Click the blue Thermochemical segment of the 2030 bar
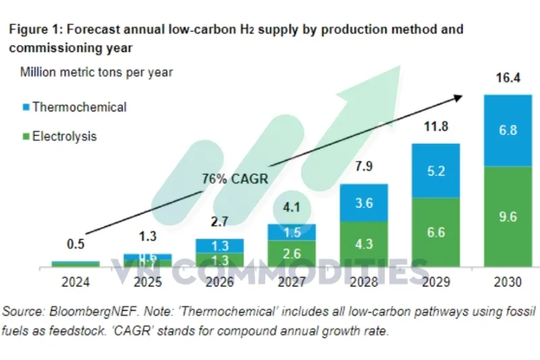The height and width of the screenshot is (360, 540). (508, 130)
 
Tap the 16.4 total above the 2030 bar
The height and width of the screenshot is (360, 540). (508, 79)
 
